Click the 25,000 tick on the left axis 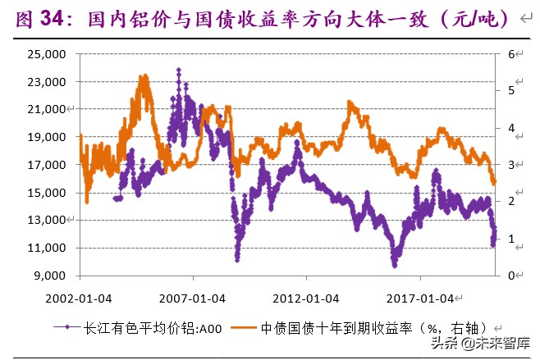(x=48, y=54)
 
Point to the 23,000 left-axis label (x=48, y=82)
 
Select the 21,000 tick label (x=48, y=109)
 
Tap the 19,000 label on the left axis (x=48, y=137)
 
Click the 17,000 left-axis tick (x=48, y=165)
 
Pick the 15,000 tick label (x=48, y=193)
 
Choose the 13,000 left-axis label (x=48, y=220)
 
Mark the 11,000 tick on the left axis (x=48, y=248)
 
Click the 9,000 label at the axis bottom (x=51, y=276)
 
